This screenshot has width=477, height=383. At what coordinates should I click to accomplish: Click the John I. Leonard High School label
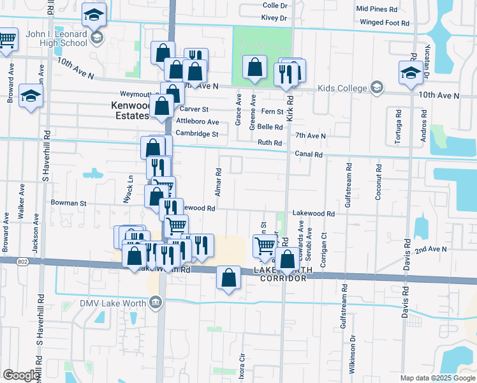55,39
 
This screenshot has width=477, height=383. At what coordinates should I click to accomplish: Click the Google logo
20,375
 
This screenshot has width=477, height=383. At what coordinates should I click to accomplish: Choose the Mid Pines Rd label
377,9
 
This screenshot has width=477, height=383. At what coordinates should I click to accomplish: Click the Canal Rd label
309,154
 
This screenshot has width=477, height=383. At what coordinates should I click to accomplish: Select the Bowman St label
68,203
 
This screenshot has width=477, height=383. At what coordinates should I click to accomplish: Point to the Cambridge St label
197,133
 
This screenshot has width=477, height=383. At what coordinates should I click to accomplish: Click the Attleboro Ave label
198,121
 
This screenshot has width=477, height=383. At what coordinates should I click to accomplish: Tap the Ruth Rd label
269,143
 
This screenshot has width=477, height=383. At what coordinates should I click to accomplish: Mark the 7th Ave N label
311,136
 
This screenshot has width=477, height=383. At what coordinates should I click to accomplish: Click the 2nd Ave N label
429,251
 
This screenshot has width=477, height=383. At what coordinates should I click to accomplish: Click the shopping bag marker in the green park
255,68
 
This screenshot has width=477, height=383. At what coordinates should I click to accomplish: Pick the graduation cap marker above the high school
95,15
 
